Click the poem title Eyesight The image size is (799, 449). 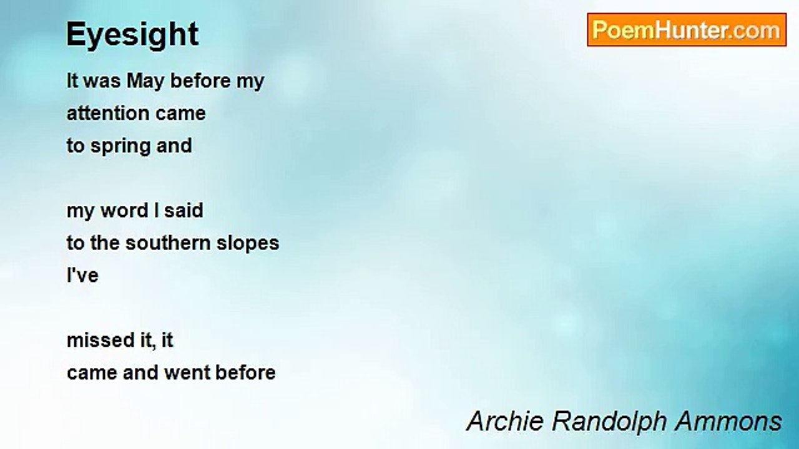coord(132,34)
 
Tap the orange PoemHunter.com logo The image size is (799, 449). coord(687,30)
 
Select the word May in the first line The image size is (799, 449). coord(146,82)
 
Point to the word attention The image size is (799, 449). coord(108,113)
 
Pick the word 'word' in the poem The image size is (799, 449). coord(124,210)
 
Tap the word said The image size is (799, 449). coord(184,210)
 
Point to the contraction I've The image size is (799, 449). coord(82,275)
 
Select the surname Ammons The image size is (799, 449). coord(728,421)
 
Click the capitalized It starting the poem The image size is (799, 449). coord(72,80)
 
